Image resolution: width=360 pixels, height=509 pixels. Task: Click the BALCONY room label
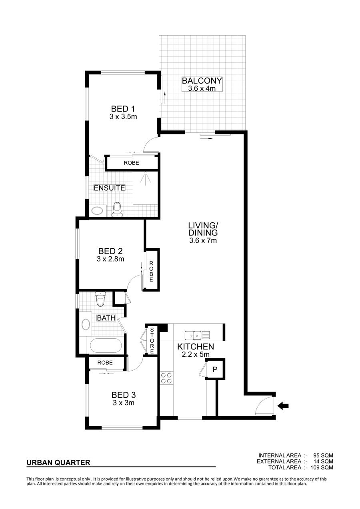(202, 81)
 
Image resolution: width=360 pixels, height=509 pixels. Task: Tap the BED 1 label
(123, 109)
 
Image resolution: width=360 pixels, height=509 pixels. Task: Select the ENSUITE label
(110, 188)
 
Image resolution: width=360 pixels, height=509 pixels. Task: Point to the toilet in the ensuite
(117, 210)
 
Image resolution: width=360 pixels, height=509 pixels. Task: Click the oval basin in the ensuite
(97, 211)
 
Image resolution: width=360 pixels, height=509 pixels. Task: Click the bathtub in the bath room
(106, 345)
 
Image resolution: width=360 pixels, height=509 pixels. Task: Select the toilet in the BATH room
(100, 299)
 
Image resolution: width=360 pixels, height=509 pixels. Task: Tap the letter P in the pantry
(215, 369)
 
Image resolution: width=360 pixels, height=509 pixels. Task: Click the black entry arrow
(283, 405)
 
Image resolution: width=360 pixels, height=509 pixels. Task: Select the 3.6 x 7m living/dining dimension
(203, 240)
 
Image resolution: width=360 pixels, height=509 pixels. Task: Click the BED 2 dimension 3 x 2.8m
(110, 259)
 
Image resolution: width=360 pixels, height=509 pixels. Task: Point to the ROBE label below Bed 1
(131, 163)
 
